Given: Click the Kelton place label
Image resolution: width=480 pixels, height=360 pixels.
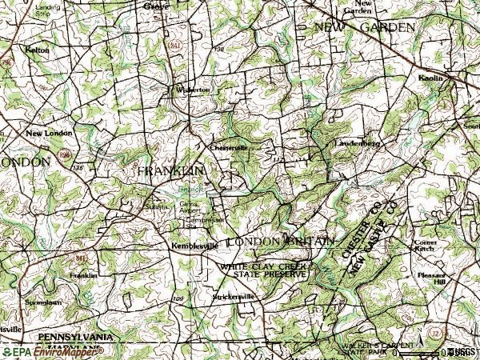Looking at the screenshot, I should [x=38, y=50].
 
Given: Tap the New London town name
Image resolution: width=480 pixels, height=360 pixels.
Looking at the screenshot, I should [x=45, y=133].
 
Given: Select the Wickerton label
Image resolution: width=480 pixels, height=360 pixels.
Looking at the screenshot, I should [x=194, y=90].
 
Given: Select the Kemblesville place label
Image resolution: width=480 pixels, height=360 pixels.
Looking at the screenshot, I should [x=194, y=246].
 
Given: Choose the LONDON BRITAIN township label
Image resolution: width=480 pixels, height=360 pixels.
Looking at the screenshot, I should [x=278, y=241].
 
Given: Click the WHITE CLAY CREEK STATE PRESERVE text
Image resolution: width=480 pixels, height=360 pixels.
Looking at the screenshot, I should [x=265, y=269].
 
